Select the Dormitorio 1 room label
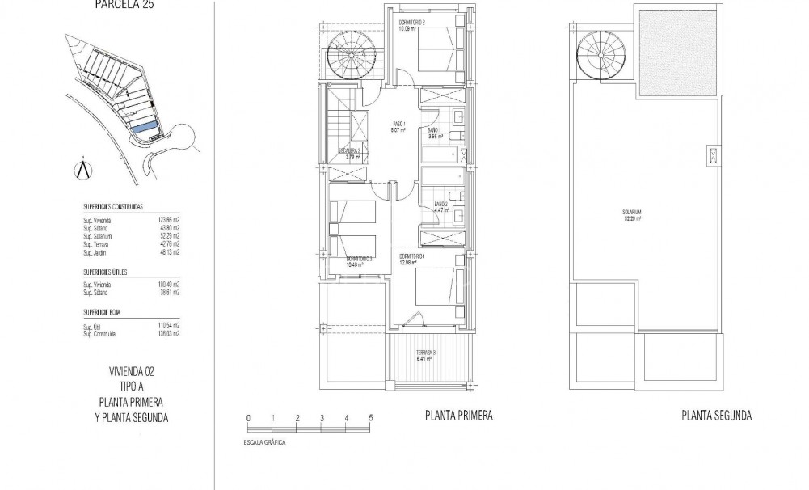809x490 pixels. (413, 259)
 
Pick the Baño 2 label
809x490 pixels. (440, 206)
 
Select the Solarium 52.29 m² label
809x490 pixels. (632, 216)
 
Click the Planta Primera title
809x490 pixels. (458, 416)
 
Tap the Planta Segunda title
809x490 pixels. (716, 416)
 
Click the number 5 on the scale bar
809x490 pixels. (370, 418)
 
